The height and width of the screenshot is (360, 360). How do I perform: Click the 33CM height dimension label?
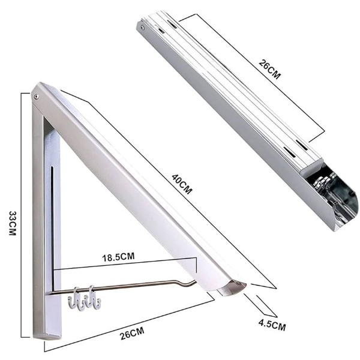(x=13, y=223)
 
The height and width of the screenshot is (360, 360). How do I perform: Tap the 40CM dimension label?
(x=182, y=184)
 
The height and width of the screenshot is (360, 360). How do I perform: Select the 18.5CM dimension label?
(x=118, y=257)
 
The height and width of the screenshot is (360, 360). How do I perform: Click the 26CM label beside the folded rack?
(x=269, y=70)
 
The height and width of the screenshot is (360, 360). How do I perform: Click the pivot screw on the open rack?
(x=36, y=97)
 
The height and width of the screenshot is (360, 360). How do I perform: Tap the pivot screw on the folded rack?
(x=143, y=28)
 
